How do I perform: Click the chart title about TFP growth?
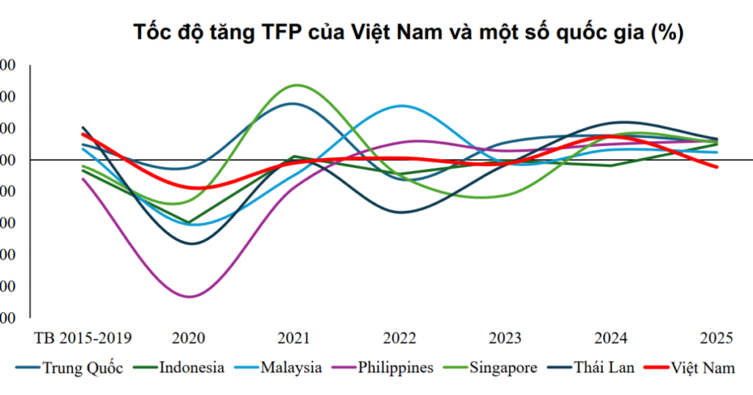click(408, 33)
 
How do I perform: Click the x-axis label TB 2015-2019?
click(83, 338)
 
